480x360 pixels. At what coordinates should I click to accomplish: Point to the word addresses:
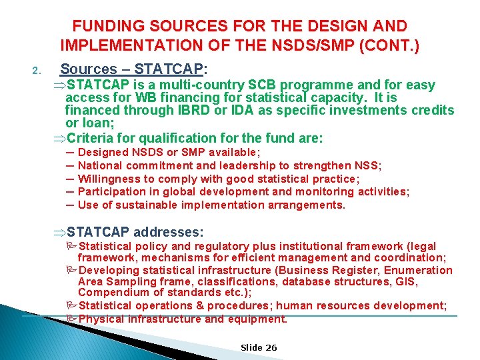(169, 232)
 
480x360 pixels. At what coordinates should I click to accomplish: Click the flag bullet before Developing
(72, 271)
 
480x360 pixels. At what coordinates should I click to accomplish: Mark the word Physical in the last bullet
(101, 319)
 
